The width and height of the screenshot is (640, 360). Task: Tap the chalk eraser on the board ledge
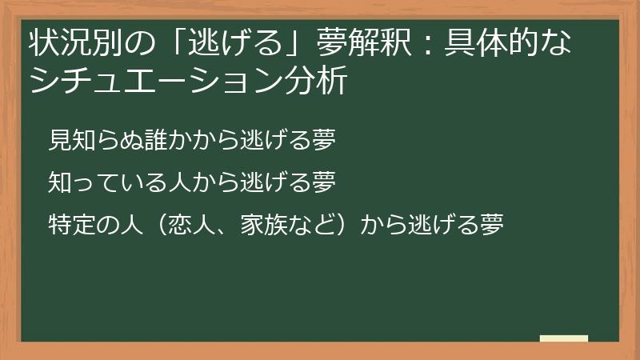(x=563, y=338)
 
